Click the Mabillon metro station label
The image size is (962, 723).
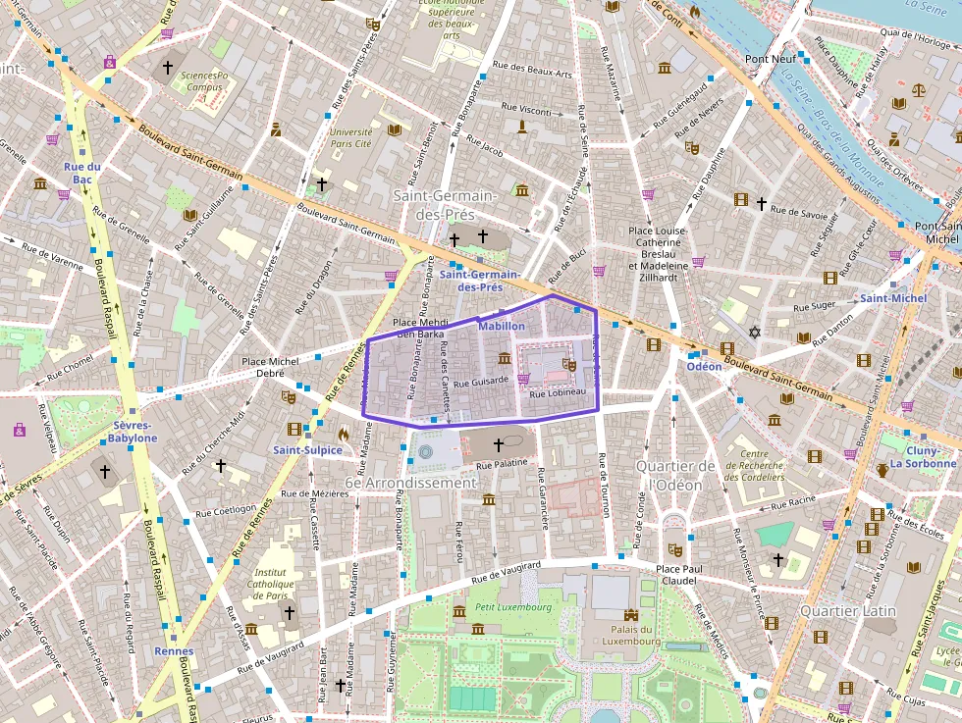click(502, 326)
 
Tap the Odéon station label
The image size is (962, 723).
click(703, 366)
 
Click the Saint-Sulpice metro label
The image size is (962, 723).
click(307, 450)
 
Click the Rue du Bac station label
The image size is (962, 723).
click(82, 173)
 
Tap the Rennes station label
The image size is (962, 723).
click(174, 650)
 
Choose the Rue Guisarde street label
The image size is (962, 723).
click(481, 380)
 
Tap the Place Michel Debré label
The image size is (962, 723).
click(270, 368)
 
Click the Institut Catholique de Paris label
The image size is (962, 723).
click(270, 584)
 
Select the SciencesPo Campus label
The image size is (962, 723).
click(204, 80)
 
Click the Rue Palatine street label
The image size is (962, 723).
click(502, 465)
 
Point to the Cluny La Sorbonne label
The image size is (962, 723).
click(922, 456)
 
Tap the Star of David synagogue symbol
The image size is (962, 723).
click(755, 333)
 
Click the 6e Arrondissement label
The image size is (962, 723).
click(410, 483)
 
